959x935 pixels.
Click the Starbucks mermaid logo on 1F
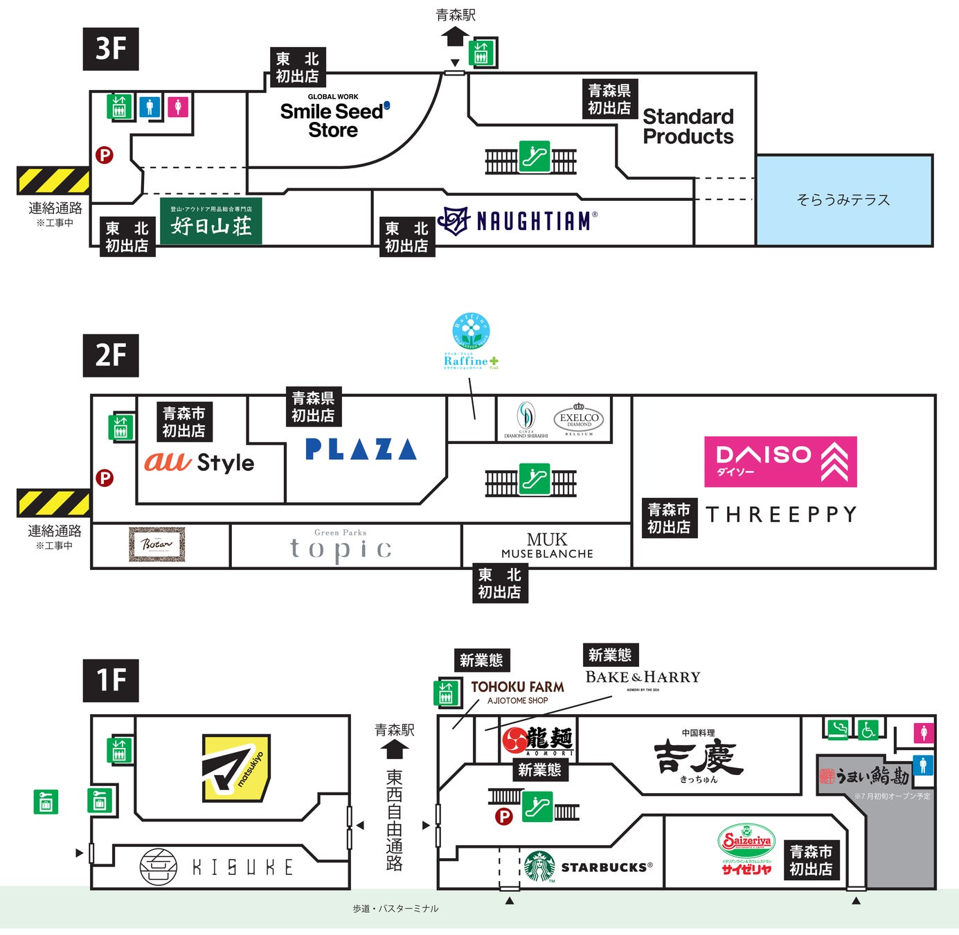539,866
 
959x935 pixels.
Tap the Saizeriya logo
746,849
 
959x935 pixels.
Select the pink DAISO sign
780,461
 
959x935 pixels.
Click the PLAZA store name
361,449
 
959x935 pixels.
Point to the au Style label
199,462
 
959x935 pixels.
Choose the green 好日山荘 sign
210,221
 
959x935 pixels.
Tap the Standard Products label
688,126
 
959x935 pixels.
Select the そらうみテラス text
843,200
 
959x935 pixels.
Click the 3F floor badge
111,49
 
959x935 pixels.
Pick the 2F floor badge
111,355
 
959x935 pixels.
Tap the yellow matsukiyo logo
235,768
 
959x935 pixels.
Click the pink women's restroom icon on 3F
178,107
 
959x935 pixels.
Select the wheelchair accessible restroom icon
868,729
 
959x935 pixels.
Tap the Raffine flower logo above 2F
471,331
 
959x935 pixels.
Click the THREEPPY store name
781,515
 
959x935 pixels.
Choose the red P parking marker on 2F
105,478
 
